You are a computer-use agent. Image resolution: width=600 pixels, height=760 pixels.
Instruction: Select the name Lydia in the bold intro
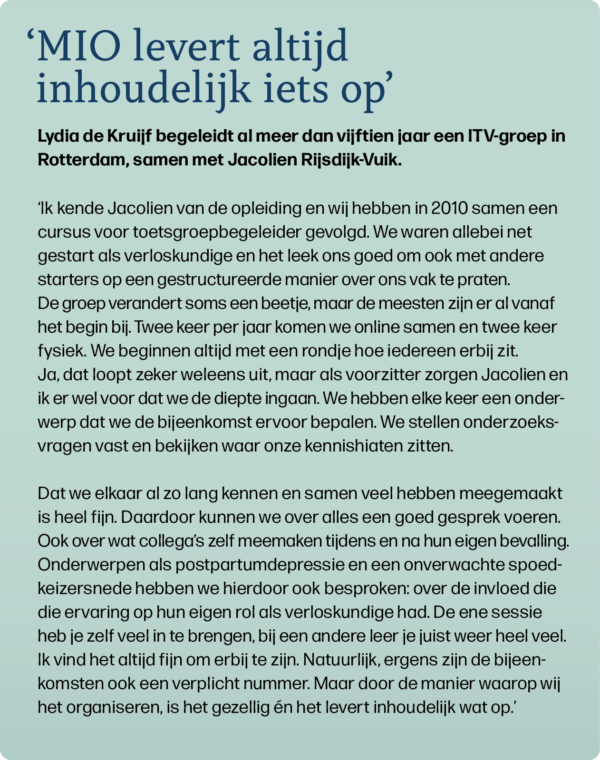54,136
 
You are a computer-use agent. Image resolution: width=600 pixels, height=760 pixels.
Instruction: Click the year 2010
449,209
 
